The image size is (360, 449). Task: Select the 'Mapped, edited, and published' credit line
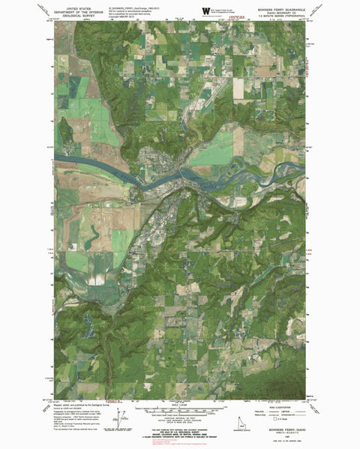point(81,402)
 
